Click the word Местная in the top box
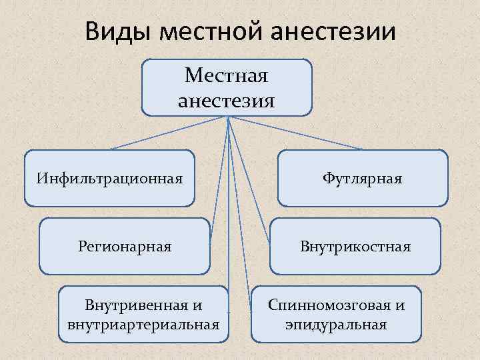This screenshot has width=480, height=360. pyautogui.click(x=227, y=75)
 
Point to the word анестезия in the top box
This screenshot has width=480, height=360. pyautogui.click(x=227, y=101)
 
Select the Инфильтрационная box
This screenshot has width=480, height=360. pyautogui.click(x=110, y=178)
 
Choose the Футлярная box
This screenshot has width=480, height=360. pyautogui.click(x=362, y=178)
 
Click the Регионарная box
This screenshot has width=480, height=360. pyautogui.click(x=125, y=246)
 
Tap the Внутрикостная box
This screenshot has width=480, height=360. pyautogui.click(x=355, y=246)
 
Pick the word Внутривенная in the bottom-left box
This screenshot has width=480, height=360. pyautogui.click(x=137, y=305)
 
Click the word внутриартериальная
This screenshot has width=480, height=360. pyautogui.click(x=143, y=325)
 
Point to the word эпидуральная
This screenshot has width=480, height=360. pyautogui.click(x=336, y=325)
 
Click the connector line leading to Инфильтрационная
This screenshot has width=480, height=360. pyautogui.click(x=170, y=133)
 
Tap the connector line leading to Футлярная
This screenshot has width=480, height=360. pyautogui.click(x=297, y=133)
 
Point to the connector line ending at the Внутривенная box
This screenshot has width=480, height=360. pyautogui.click(x=229, y=213)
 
